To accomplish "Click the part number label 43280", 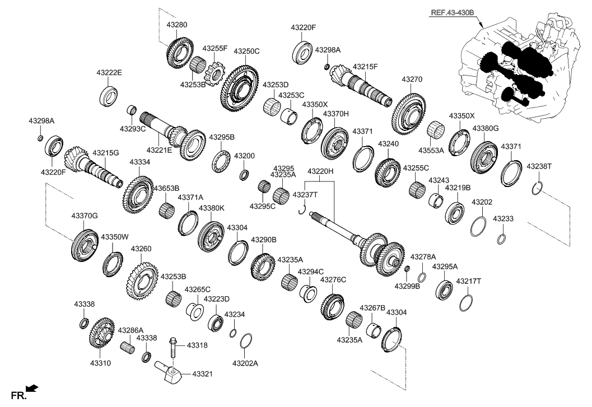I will coord(177,25).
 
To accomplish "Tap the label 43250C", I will coord(246,51).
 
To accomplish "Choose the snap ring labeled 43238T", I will coord(536,188).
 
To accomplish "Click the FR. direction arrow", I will coord(32,387).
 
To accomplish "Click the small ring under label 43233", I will coord(502,240).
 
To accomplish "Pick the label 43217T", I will coord(468,281).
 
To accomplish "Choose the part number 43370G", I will coord(85,216).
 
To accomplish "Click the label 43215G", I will coord(105,152).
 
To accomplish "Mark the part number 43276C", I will coord(333,279).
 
